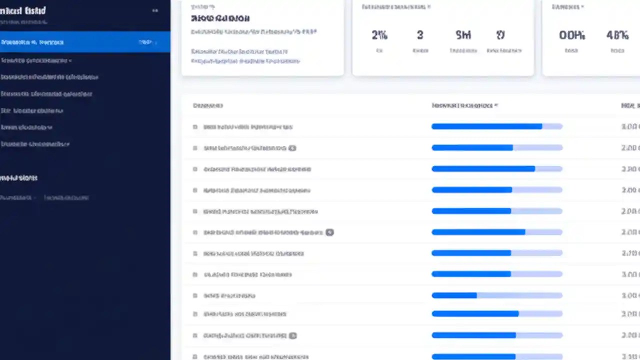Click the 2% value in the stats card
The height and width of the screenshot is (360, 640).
tap(379, 35)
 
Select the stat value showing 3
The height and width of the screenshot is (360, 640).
tap(420, 35)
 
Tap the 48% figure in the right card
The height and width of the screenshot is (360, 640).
tap(617, 35)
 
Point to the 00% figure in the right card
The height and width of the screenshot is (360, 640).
tap(572, 35)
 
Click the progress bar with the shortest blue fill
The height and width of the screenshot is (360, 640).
tap(496, 295)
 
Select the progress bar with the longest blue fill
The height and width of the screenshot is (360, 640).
tap(496, 126)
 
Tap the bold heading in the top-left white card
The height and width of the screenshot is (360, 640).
tap(220, 18)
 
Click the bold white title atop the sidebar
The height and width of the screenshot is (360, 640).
tap(23, 10)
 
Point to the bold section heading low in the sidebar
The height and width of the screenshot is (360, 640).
tap(19, 178)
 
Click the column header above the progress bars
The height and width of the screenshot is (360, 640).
tap(464, 105)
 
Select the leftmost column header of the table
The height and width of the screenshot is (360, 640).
tap(207, 105)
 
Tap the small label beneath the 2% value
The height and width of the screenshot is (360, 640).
tap(379, 50)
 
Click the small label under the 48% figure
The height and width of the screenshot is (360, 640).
tap(617, 50)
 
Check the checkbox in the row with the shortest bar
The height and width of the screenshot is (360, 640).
tap(195, 295)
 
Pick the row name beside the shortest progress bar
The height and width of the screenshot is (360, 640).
tap(229, 295)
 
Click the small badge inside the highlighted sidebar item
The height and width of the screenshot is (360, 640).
tap(146, 42)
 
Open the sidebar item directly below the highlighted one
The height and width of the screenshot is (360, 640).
tap(36, 60)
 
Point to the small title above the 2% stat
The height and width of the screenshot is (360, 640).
tap(395, 7)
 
